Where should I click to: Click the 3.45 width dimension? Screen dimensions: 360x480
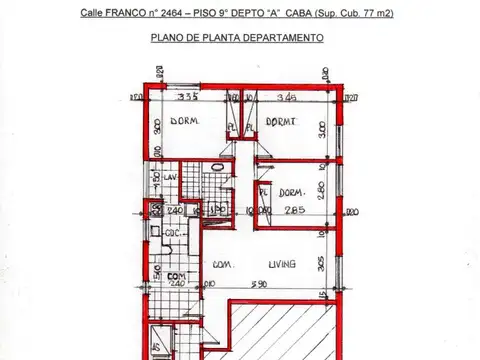coord(287,98)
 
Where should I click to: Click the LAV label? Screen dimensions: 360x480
coord(171,177)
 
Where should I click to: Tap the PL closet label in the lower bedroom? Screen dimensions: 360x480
coord(263,192)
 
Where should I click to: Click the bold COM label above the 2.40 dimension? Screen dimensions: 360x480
coord(176,276)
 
